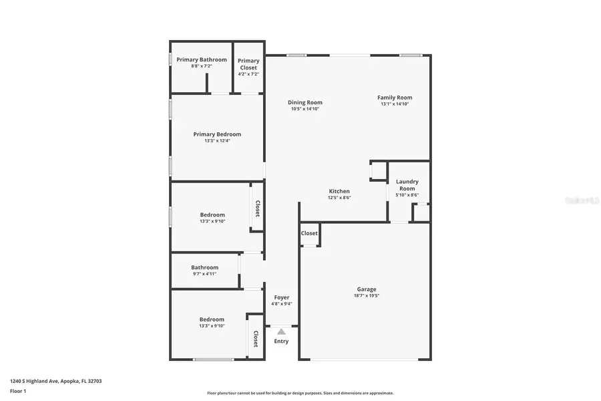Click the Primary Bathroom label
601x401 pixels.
point(202,59)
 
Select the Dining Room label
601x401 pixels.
point(305,102)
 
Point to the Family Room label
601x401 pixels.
point(395,98)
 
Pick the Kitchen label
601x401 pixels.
point(339,191)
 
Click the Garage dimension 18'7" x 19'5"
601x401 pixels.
point(367,295)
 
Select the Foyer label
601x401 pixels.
point(281,297)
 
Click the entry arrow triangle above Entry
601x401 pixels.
point(281,331)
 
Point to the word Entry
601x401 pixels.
point(281,342)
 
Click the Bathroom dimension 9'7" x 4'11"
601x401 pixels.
point(204,273)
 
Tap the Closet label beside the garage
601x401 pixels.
point(309,233)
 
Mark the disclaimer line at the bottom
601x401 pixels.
point(300,393)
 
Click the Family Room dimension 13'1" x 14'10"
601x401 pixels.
point(395,104)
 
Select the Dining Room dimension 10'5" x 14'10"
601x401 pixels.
point(305,108)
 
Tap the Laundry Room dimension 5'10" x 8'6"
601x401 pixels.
point(407,194)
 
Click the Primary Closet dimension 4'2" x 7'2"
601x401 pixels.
point(248,74)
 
